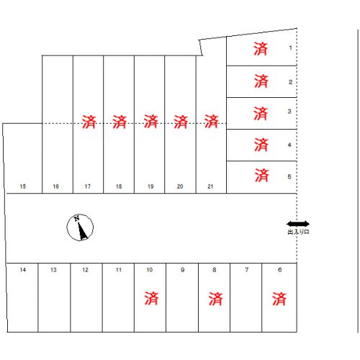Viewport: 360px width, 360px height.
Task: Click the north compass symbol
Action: [80, 228]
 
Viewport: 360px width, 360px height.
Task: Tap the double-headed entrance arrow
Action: [298, 224]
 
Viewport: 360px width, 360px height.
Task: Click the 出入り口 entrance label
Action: [298, 232]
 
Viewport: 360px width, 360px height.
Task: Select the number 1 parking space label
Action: [290, 48]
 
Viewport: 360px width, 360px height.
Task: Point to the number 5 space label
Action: [289, 176]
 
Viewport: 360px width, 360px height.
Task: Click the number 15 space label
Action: [23, 186]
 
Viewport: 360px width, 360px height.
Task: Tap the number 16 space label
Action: [56, 186]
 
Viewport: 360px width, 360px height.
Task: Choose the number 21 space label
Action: [210, 186]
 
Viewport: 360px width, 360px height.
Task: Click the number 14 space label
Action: [23, 270]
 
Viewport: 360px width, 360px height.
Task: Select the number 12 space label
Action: [85, 270]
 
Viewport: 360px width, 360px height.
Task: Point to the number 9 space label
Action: [183, 270]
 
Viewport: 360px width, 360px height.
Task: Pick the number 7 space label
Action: [247, 270]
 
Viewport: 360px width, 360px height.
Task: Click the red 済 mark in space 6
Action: [279, 299]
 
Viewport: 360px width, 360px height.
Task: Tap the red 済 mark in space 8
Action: [215, 299]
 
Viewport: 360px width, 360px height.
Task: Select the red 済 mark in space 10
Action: [151, 298]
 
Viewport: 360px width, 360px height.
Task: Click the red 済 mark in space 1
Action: [261, 49]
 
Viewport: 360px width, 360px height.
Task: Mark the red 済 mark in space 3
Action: [261, 114]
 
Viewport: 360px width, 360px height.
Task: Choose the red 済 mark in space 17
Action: [89, 122]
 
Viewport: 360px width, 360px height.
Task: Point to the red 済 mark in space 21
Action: [212, 121]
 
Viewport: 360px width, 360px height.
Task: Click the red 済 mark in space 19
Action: [150, 121]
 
